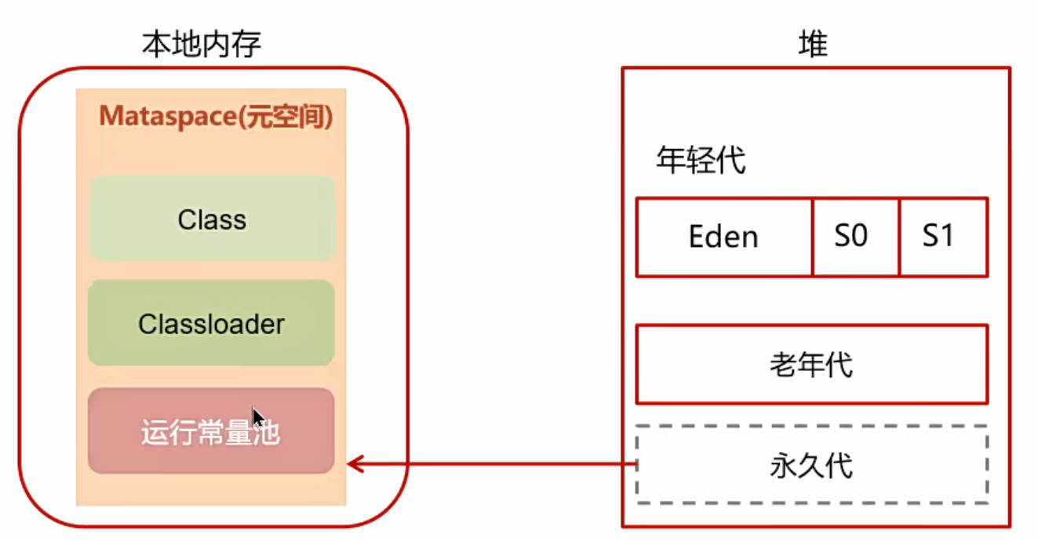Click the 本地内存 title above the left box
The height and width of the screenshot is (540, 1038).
click(x=201, y=45)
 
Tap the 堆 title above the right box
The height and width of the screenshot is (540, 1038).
click(x=813, y=45)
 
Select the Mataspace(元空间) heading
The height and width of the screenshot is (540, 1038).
click(x=216, y=117)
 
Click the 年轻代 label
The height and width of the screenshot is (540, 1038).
click(x=701, y=161)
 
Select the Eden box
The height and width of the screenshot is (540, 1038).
click(x=723, y=237)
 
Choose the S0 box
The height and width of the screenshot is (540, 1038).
click(x=855, y=237)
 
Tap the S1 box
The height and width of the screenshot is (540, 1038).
click(x=943, y=237)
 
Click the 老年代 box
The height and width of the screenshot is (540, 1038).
click(x=811, y=364)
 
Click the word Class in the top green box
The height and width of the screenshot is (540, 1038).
click(x=212, y=219)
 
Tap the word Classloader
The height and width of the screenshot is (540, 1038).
click(x=211, y=324)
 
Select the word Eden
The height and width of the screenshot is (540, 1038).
click(x=723, y=237)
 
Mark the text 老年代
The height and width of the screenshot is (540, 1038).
click(x=811, y=365)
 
